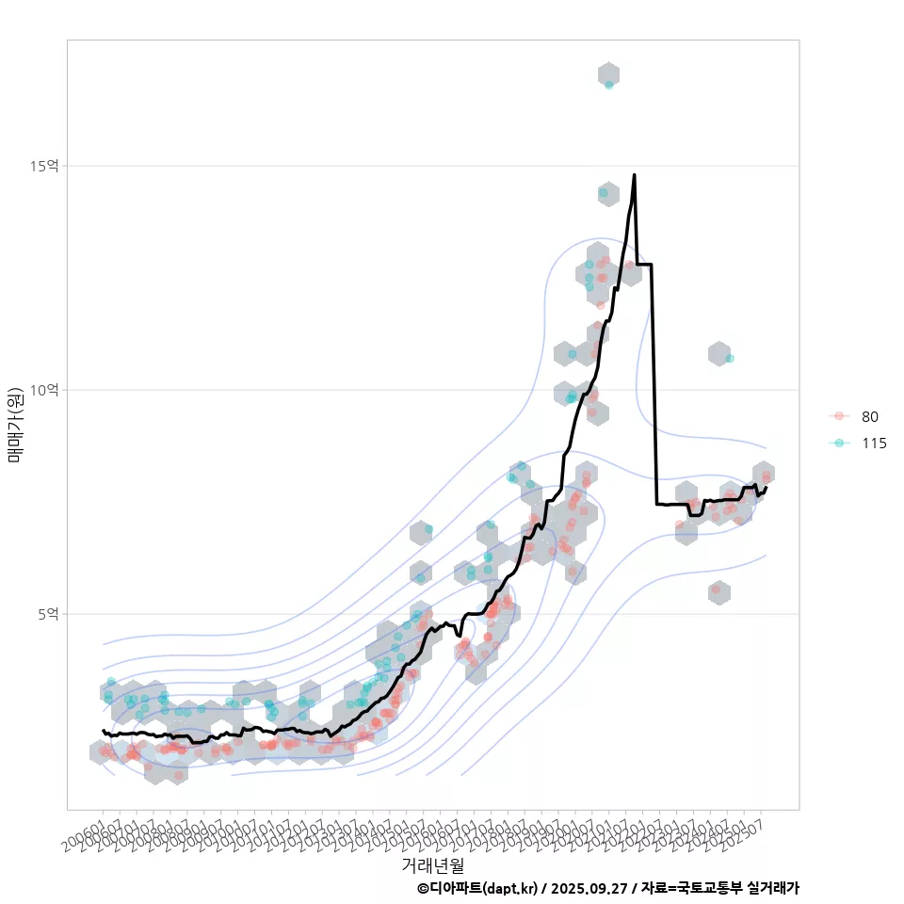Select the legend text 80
click(x=870, y=417)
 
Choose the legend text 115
click(x=874, y=444)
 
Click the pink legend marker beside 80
click(x=837, y=417)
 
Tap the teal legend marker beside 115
click(x=837, y=444)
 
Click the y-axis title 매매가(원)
click(x=15, y=425)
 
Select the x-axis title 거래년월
click(x=432, y=864)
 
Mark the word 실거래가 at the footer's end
click(x=773, y=888)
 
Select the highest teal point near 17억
click(x=609, y=85)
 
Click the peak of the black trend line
click(x=634, y=175)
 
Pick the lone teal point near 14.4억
click(x=604, y=193)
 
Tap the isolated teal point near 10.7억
click(x=730, y=359)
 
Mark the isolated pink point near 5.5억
click(x=716, y=589)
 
